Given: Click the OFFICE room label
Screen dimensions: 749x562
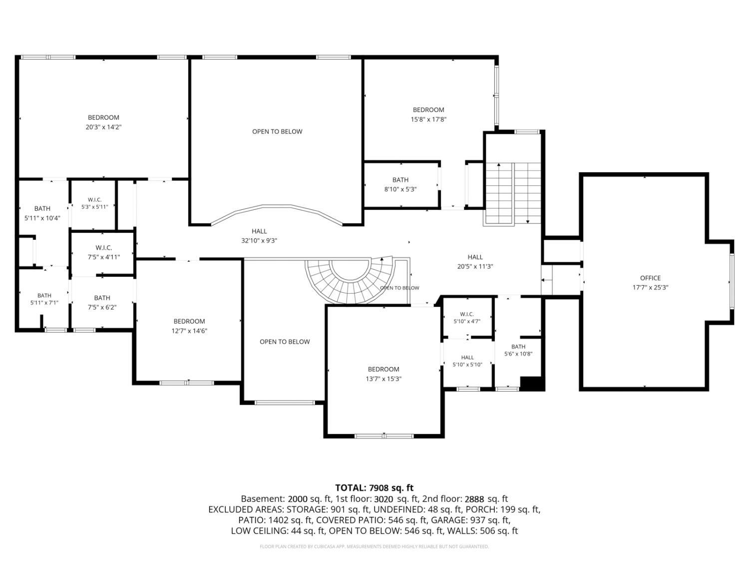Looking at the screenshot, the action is coord(650,278).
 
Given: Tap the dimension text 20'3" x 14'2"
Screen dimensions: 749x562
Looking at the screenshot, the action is coord(104,127).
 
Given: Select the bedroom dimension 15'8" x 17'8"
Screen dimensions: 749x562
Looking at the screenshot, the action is coord(428,119).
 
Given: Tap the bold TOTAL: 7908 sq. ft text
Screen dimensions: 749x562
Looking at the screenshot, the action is coord(374,488).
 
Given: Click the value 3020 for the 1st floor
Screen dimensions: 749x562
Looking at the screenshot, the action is coord(384,499).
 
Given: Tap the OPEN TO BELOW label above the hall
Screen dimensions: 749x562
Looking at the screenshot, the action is coord(277,132).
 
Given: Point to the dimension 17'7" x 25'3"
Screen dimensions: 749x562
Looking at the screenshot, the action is coord(651,288).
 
